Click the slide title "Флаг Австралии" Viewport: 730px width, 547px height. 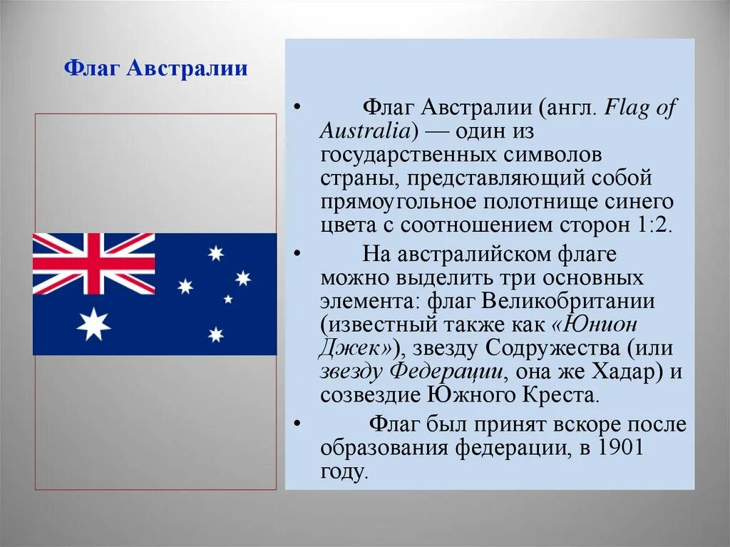click(x=156, y=69)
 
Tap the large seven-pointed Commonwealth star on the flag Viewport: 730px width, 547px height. click(x=93, y=324)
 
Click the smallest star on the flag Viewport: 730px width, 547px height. click(x=228, y=300)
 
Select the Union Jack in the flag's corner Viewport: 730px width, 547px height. click(x=93, y=263)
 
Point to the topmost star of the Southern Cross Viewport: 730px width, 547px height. click(x=215, y=252)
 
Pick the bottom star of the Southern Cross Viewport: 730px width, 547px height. click(x=215, y=334)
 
